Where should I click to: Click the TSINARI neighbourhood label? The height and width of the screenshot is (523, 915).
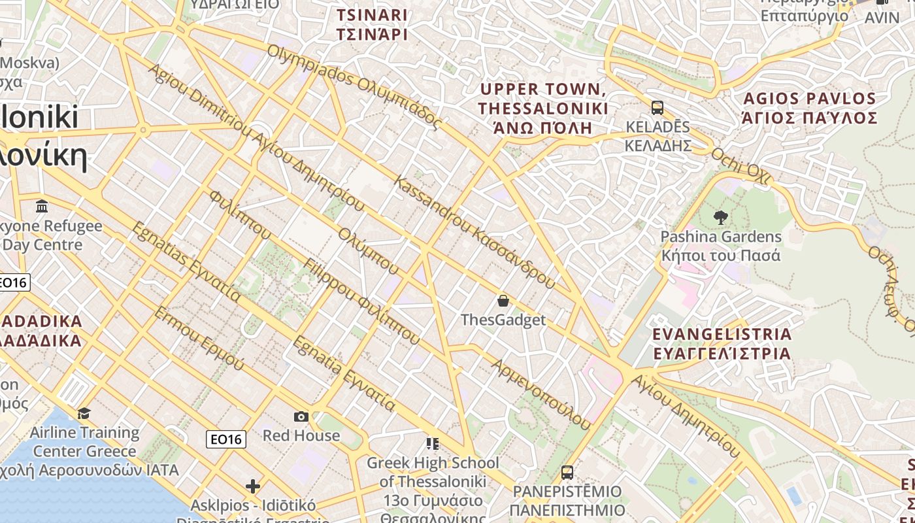(x=372, y=25)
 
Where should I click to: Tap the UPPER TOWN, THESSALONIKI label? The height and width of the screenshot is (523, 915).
(x=542, y=108)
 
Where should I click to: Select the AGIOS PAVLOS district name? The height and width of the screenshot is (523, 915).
(x=809, y=109)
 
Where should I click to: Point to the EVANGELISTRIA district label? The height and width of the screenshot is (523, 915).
(x=722, y=344)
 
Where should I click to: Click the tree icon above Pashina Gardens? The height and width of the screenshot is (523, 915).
(x=721, y=217)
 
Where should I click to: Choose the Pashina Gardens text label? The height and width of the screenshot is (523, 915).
(x=721, y=245)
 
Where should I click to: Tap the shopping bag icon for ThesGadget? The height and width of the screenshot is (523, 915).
(x=503, y=301)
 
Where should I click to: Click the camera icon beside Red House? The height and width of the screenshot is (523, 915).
(x=301, y=416)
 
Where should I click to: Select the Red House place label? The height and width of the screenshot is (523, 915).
(x=301, y=435)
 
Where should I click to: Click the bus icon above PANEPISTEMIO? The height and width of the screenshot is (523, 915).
(x=567, y=472)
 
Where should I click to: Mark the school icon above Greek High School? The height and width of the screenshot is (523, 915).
(x=432, y=444)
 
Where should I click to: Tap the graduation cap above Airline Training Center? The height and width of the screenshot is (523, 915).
(x=84, y=413)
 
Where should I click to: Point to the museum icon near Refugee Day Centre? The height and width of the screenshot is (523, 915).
(x=42, y=207)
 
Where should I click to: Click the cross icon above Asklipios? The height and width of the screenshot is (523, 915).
(x=253, y=486)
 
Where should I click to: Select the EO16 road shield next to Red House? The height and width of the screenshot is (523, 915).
(x=226, y=439)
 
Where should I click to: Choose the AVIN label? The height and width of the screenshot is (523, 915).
(x=882, y=18)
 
